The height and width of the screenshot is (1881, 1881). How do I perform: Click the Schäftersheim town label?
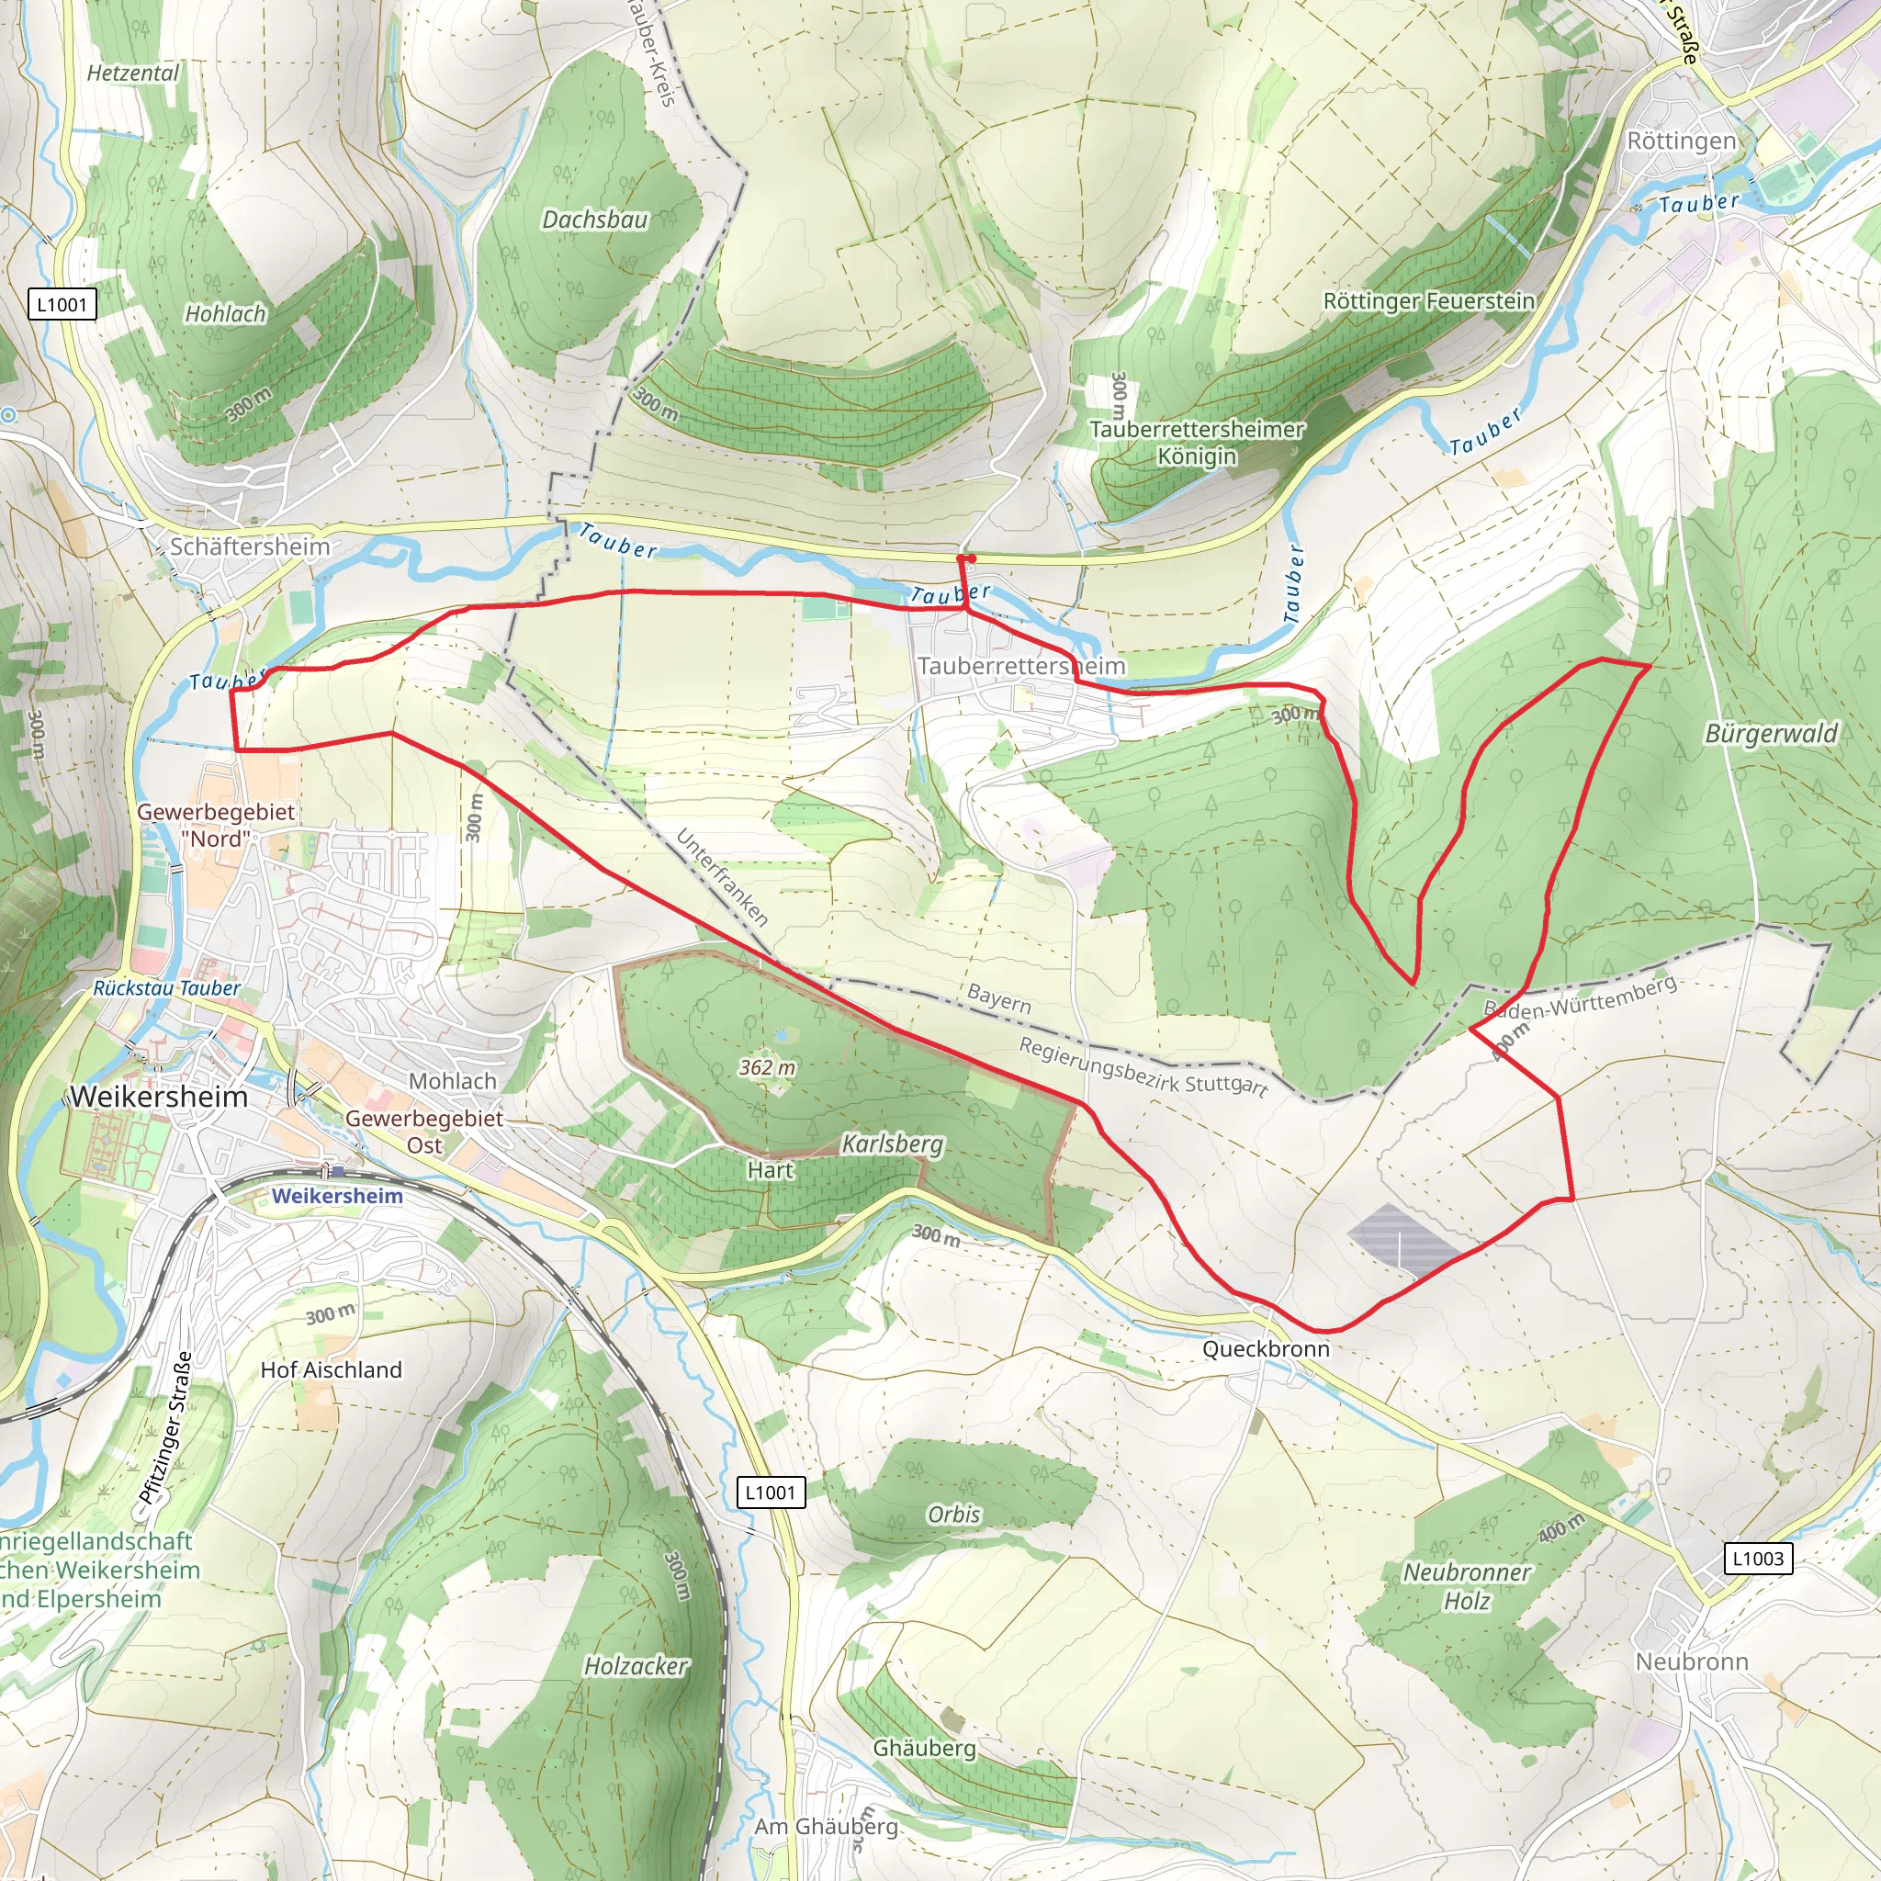pos(250,546)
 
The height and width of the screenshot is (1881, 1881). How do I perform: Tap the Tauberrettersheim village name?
pos(1020,666)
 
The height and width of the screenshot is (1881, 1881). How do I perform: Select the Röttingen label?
pos(1682,141)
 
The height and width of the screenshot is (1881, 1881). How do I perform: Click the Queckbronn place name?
pos(1266,1348)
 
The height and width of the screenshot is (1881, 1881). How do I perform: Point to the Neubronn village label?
pos(1692,1661)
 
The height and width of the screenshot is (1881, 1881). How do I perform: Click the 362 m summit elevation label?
pos(767,1068)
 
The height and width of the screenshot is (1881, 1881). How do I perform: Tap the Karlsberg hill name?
pos(892,1144)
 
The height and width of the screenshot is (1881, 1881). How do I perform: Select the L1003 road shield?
pos(1757,1558)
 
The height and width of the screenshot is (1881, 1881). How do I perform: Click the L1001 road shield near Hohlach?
pos(62,305)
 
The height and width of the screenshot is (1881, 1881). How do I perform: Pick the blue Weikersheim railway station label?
pos(337,1196)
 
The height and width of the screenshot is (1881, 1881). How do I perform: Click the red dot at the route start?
pos(971,558)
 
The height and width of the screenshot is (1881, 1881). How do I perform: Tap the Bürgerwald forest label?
pos(1771,733)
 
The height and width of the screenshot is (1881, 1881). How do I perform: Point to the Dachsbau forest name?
pos(595,220)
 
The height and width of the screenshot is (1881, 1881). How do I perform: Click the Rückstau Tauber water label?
pos(166,988)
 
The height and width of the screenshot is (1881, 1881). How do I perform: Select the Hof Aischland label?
pos(331,1369)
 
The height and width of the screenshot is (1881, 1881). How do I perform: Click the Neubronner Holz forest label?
pos(1466,1586)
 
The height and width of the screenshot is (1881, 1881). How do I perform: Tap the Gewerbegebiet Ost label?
pos(424,1132)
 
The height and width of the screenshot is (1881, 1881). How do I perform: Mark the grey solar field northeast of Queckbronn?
pos(1401,1239)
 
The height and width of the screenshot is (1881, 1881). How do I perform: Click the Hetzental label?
pos(133,73)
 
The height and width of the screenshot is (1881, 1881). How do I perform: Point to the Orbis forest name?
pos(953,1514)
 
